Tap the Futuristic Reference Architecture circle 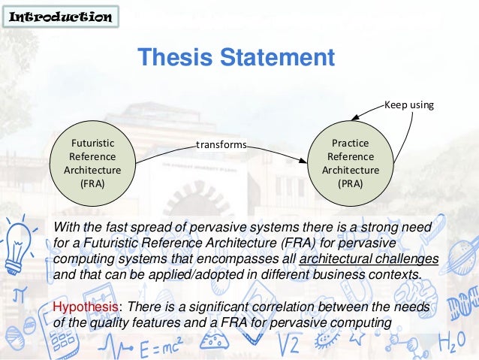92,162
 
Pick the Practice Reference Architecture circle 350,162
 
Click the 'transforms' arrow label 221,144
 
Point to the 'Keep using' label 409,104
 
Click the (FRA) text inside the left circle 92,183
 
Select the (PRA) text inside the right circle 350,183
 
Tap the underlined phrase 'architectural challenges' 369,259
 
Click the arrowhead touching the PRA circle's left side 303,159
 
